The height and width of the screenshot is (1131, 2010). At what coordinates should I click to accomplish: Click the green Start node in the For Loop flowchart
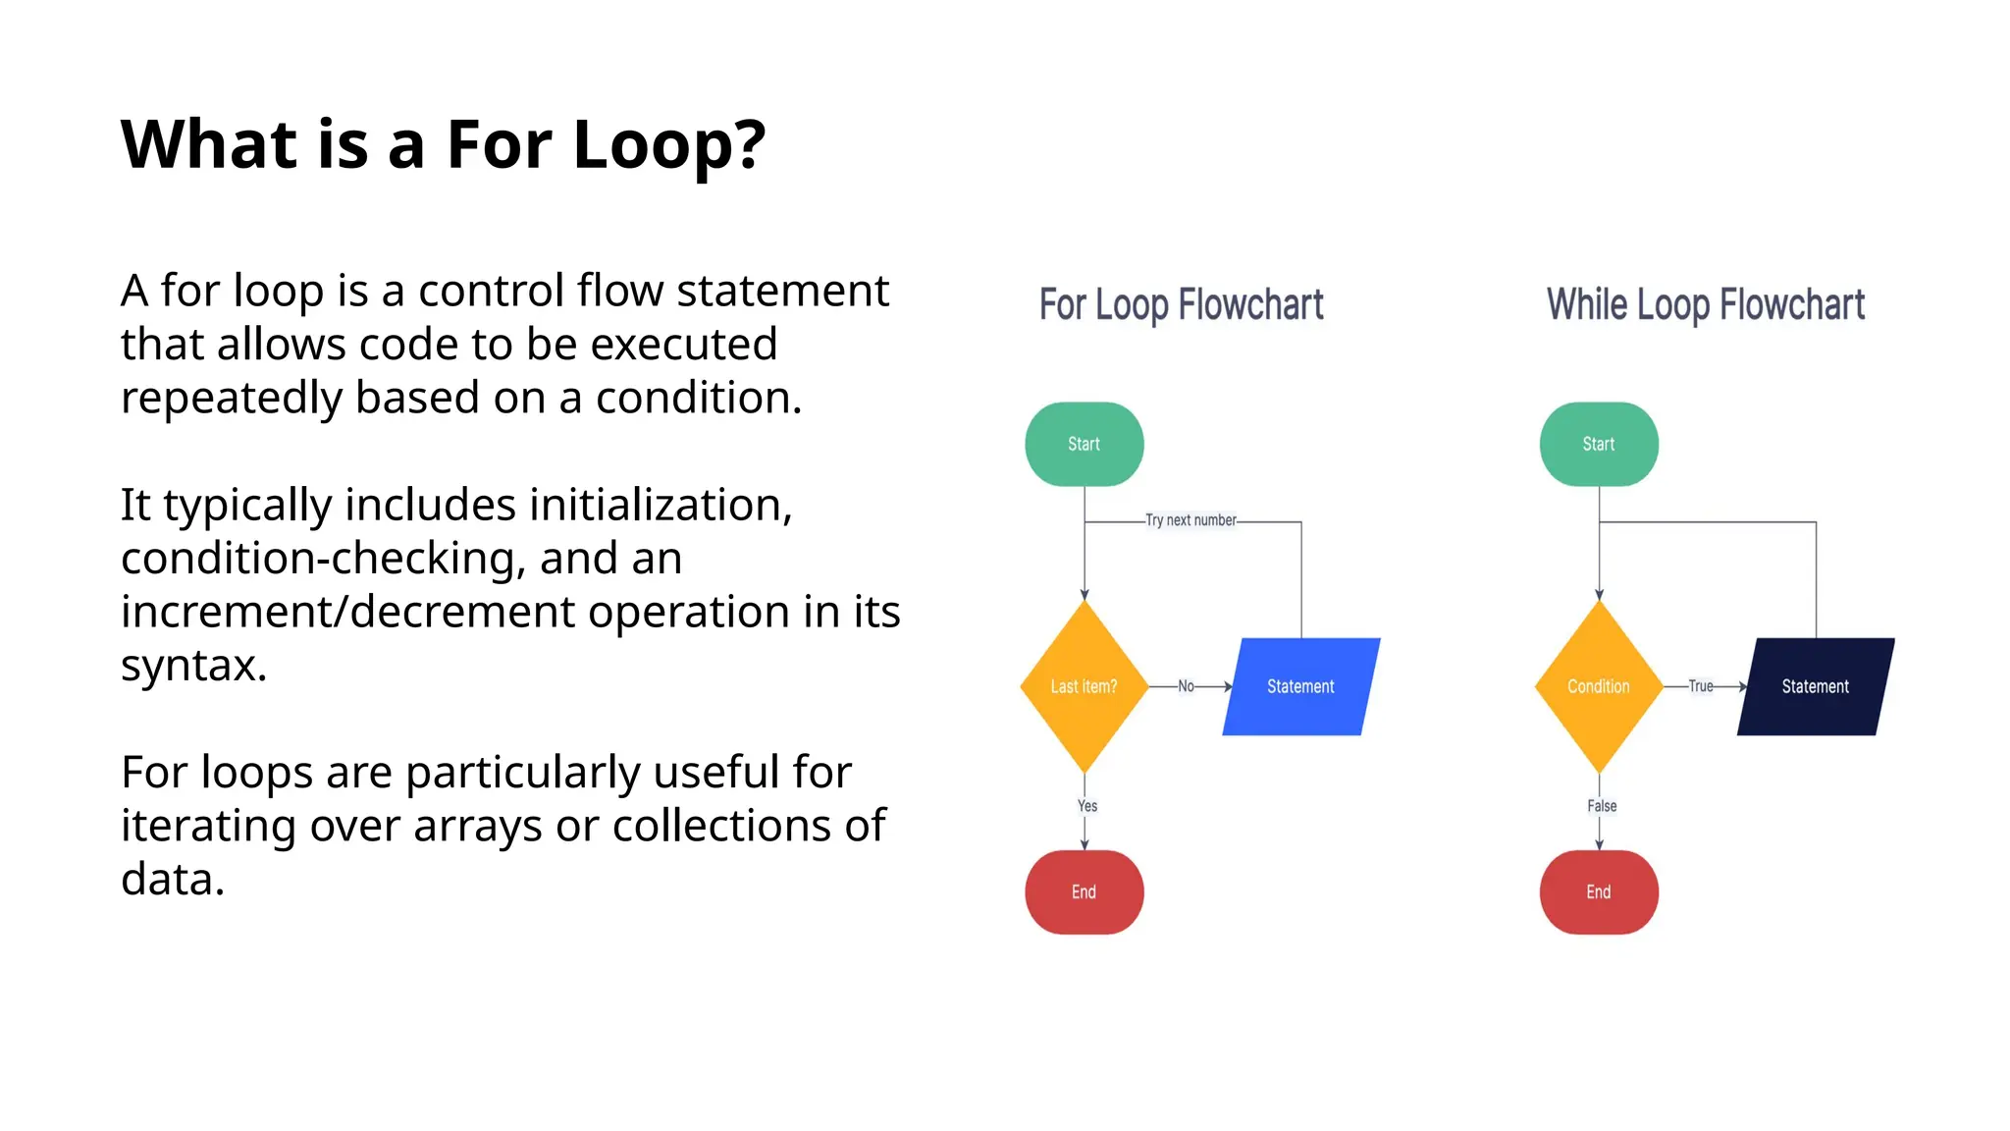(x=1084, y=444)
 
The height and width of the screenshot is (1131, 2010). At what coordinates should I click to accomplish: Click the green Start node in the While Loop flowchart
(x=1598, y=444)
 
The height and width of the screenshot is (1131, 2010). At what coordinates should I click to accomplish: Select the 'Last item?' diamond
(x=1084, y=686)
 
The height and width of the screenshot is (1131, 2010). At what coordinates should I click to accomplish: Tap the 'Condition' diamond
(x=1598, y=686)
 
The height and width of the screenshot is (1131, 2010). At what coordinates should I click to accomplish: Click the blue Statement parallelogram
(x=1300, y=686)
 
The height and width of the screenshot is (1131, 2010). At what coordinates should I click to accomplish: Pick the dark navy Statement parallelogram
(x=1815, y=686)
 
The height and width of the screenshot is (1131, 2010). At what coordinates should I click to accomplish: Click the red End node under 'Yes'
(x=1084, y=891)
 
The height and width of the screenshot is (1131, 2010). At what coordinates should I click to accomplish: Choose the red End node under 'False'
(x=1598, y=891)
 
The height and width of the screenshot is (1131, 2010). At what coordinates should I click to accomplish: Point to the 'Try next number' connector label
(x=1190, y=520)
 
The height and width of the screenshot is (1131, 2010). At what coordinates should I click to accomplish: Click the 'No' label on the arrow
(x=1186, y=686)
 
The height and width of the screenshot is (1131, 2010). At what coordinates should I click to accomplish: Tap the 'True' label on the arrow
(x=1700, y=686)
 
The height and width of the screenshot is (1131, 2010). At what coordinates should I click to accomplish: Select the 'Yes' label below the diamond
(x=1087, y=806)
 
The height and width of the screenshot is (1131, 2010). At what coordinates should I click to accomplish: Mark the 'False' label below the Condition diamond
(x=1602, y=806)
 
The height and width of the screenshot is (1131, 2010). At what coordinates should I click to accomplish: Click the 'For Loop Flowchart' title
(x=1181, y=305)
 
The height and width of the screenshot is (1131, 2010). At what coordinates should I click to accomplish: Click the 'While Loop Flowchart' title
(x=1705, y=305)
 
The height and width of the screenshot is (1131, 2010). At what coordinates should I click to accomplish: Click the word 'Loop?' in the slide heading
(x=668, y=145)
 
